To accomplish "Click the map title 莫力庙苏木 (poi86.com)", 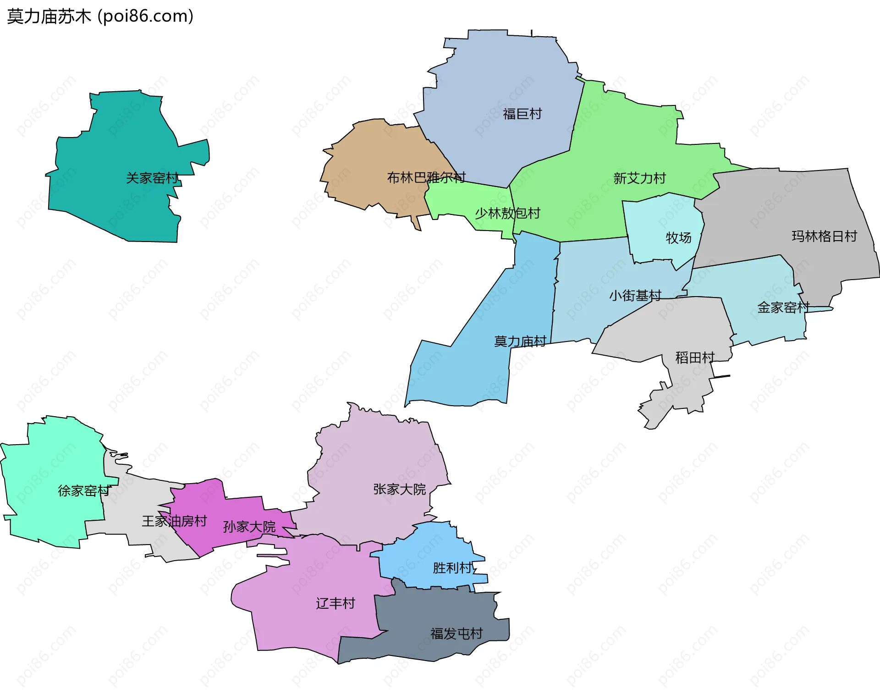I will pyautogui.click(x=100, y=17).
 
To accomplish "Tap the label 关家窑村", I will pyautogui.click(x=152, y=178).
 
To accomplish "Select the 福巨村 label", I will pyautogui.click(x=522, y=114).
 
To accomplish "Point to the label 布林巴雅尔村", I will pyautogui.click(x=426, y=177).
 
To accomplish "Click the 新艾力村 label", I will pyautogui.click(x=639, y=178).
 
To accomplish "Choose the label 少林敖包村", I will pyautogui.click(x=507, y=213).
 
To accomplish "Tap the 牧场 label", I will pyautogui.click(x=678, y=238).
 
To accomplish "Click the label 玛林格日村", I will pyautogui.click(x=824, y=236).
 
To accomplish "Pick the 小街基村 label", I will pyautogui.click(x=635, y=296).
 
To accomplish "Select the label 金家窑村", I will pyautogui.click(x=783, y=307).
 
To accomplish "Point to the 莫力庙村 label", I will pyautogui.click(x=520, y=341).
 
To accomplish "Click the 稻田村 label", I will pyautogui.click(x=695, y=358).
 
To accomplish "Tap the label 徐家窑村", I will pyautogui.click(x=84, y=491).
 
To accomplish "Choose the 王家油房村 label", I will pyautogui.click(x=174, y=521).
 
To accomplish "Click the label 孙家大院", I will pyautogui.click(x=249, y=527).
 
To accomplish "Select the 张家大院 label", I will pyautogui.click(x=399, y=490).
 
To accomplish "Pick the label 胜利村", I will pyautogui.click(x=452, y=568).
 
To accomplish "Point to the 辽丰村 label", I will pyautogui.click(x=335, y=603).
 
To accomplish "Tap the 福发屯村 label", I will pyautogui.click(x=456, y=633).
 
